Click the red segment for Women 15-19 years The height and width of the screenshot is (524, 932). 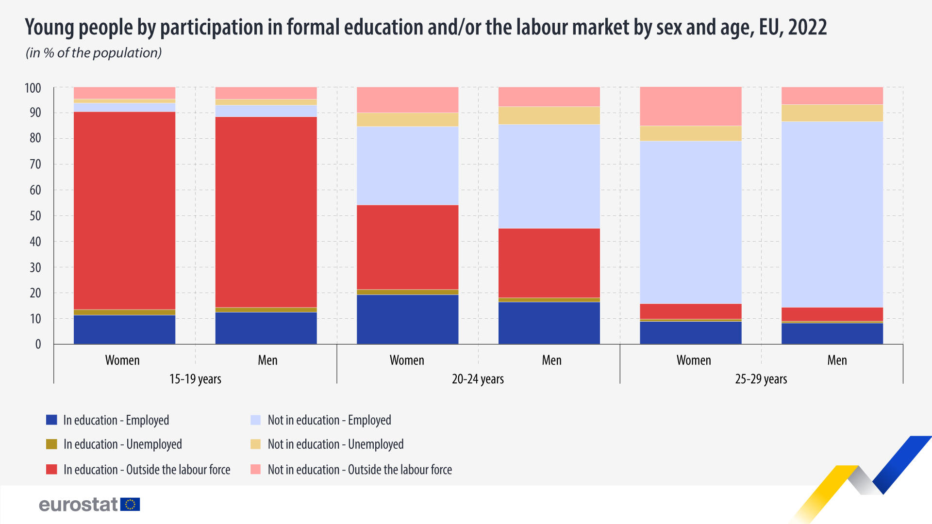(x=124, y=211)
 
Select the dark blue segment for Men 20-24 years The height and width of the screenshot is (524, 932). (x=549, y=323)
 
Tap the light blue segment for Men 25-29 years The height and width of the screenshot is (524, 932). (x=832, y=214)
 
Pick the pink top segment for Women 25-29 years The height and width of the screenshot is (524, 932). (x=690, y=106)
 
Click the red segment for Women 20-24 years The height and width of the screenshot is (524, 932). (x=407, y=247)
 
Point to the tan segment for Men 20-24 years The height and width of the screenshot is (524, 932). (x=549, y=115)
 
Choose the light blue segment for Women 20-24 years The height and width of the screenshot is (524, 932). (x=407, y=165)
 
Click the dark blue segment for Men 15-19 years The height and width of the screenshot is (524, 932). (x=266, y=328)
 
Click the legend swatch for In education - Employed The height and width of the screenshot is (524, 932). (x=51, y=420)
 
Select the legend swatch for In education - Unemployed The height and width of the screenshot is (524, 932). (x=51, y=444)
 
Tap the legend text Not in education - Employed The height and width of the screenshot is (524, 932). (x=329, y=420)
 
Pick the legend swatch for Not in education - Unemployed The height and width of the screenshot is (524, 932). (x=256, y=444)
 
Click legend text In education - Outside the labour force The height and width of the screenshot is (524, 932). (x=147, y=470)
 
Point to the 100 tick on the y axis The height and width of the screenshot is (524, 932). (x=33, y=88)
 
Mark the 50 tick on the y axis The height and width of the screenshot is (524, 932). (x=35, y=216)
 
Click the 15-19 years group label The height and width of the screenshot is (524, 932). (x=195, y=379)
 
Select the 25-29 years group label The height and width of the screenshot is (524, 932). (x=761, y=379)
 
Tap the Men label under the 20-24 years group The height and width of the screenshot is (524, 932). (x=551, y=360)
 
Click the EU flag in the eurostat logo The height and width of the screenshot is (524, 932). (x=130, y=505)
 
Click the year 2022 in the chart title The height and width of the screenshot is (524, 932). (x=807, y=27)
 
